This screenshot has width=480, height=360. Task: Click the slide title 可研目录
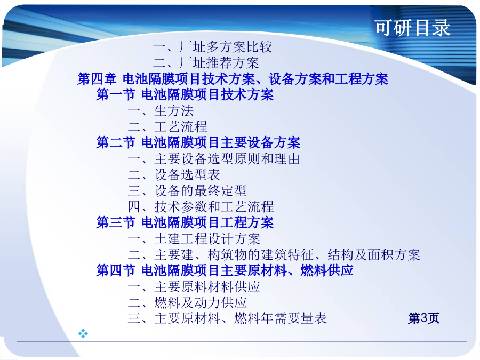click(413, 28)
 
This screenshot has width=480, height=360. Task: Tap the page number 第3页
click(423, 318)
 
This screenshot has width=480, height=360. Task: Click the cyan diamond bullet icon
click(83, 333)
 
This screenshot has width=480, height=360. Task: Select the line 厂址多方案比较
click(212, 47)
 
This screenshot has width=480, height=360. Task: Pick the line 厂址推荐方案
click(206, 63)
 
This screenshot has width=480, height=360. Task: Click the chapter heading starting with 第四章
click(233, 79)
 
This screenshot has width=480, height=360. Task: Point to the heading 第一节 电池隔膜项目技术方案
click(185, 94)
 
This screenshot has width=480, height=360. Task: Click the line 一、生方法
click(161, 110)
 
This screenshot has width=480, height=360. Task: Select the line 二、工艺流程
click(167, 126)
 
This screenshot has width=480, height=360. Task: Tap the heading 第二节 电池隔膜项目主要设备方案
click(198, 142)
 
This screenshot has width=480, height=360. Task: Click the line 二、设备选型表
click(174, 174)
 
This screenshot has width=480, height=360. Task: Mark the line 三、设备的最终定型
click(187, 190)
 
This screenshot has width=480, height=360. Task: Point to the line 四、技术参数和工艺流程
click(201, 206)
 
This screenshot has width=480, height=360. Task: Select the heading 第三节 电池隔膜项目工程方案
click(185, 222)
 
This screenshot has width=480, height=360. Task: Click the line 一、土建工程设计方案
click(194, 238)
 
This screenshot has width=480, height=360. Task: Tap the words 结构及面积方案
click(374, 254)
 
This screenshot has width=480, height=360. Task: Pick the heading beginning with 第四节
click(225, 270)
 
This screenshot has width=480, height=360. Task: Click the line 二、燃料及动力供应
click(187, 302)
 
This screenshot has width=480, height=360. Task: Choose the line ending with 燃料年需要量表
click(227, 318)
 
